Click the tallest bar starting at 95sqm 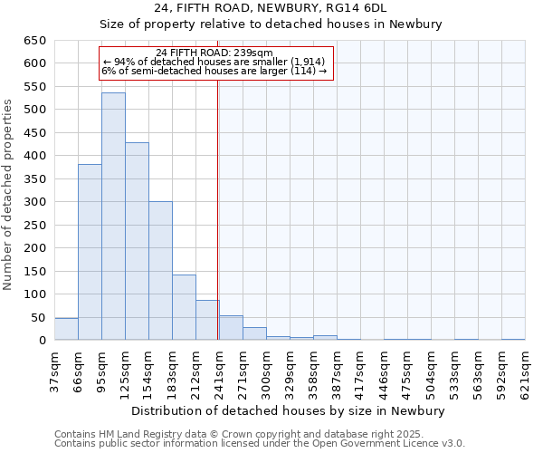(113, 217)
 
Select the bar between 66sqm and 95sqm (90, 254)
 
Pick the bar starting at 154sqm (160, 272)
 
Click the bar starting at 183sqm (184, 308)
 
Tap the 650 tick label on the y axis (35, 41)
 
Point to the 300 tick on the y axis (35, 202)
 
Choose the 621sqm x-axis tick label (526, 371)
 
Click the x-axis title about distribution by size (288, 410)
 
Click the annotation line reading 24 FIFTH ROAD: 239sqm (214, 53)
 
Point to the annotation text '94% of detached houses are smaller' (214, 62)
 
